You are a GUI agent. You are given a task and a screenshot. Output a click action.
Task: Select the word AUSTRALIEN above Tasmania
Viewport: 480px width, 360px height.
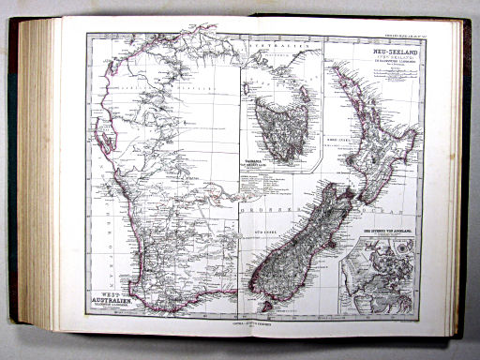[x=266, y=44]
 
